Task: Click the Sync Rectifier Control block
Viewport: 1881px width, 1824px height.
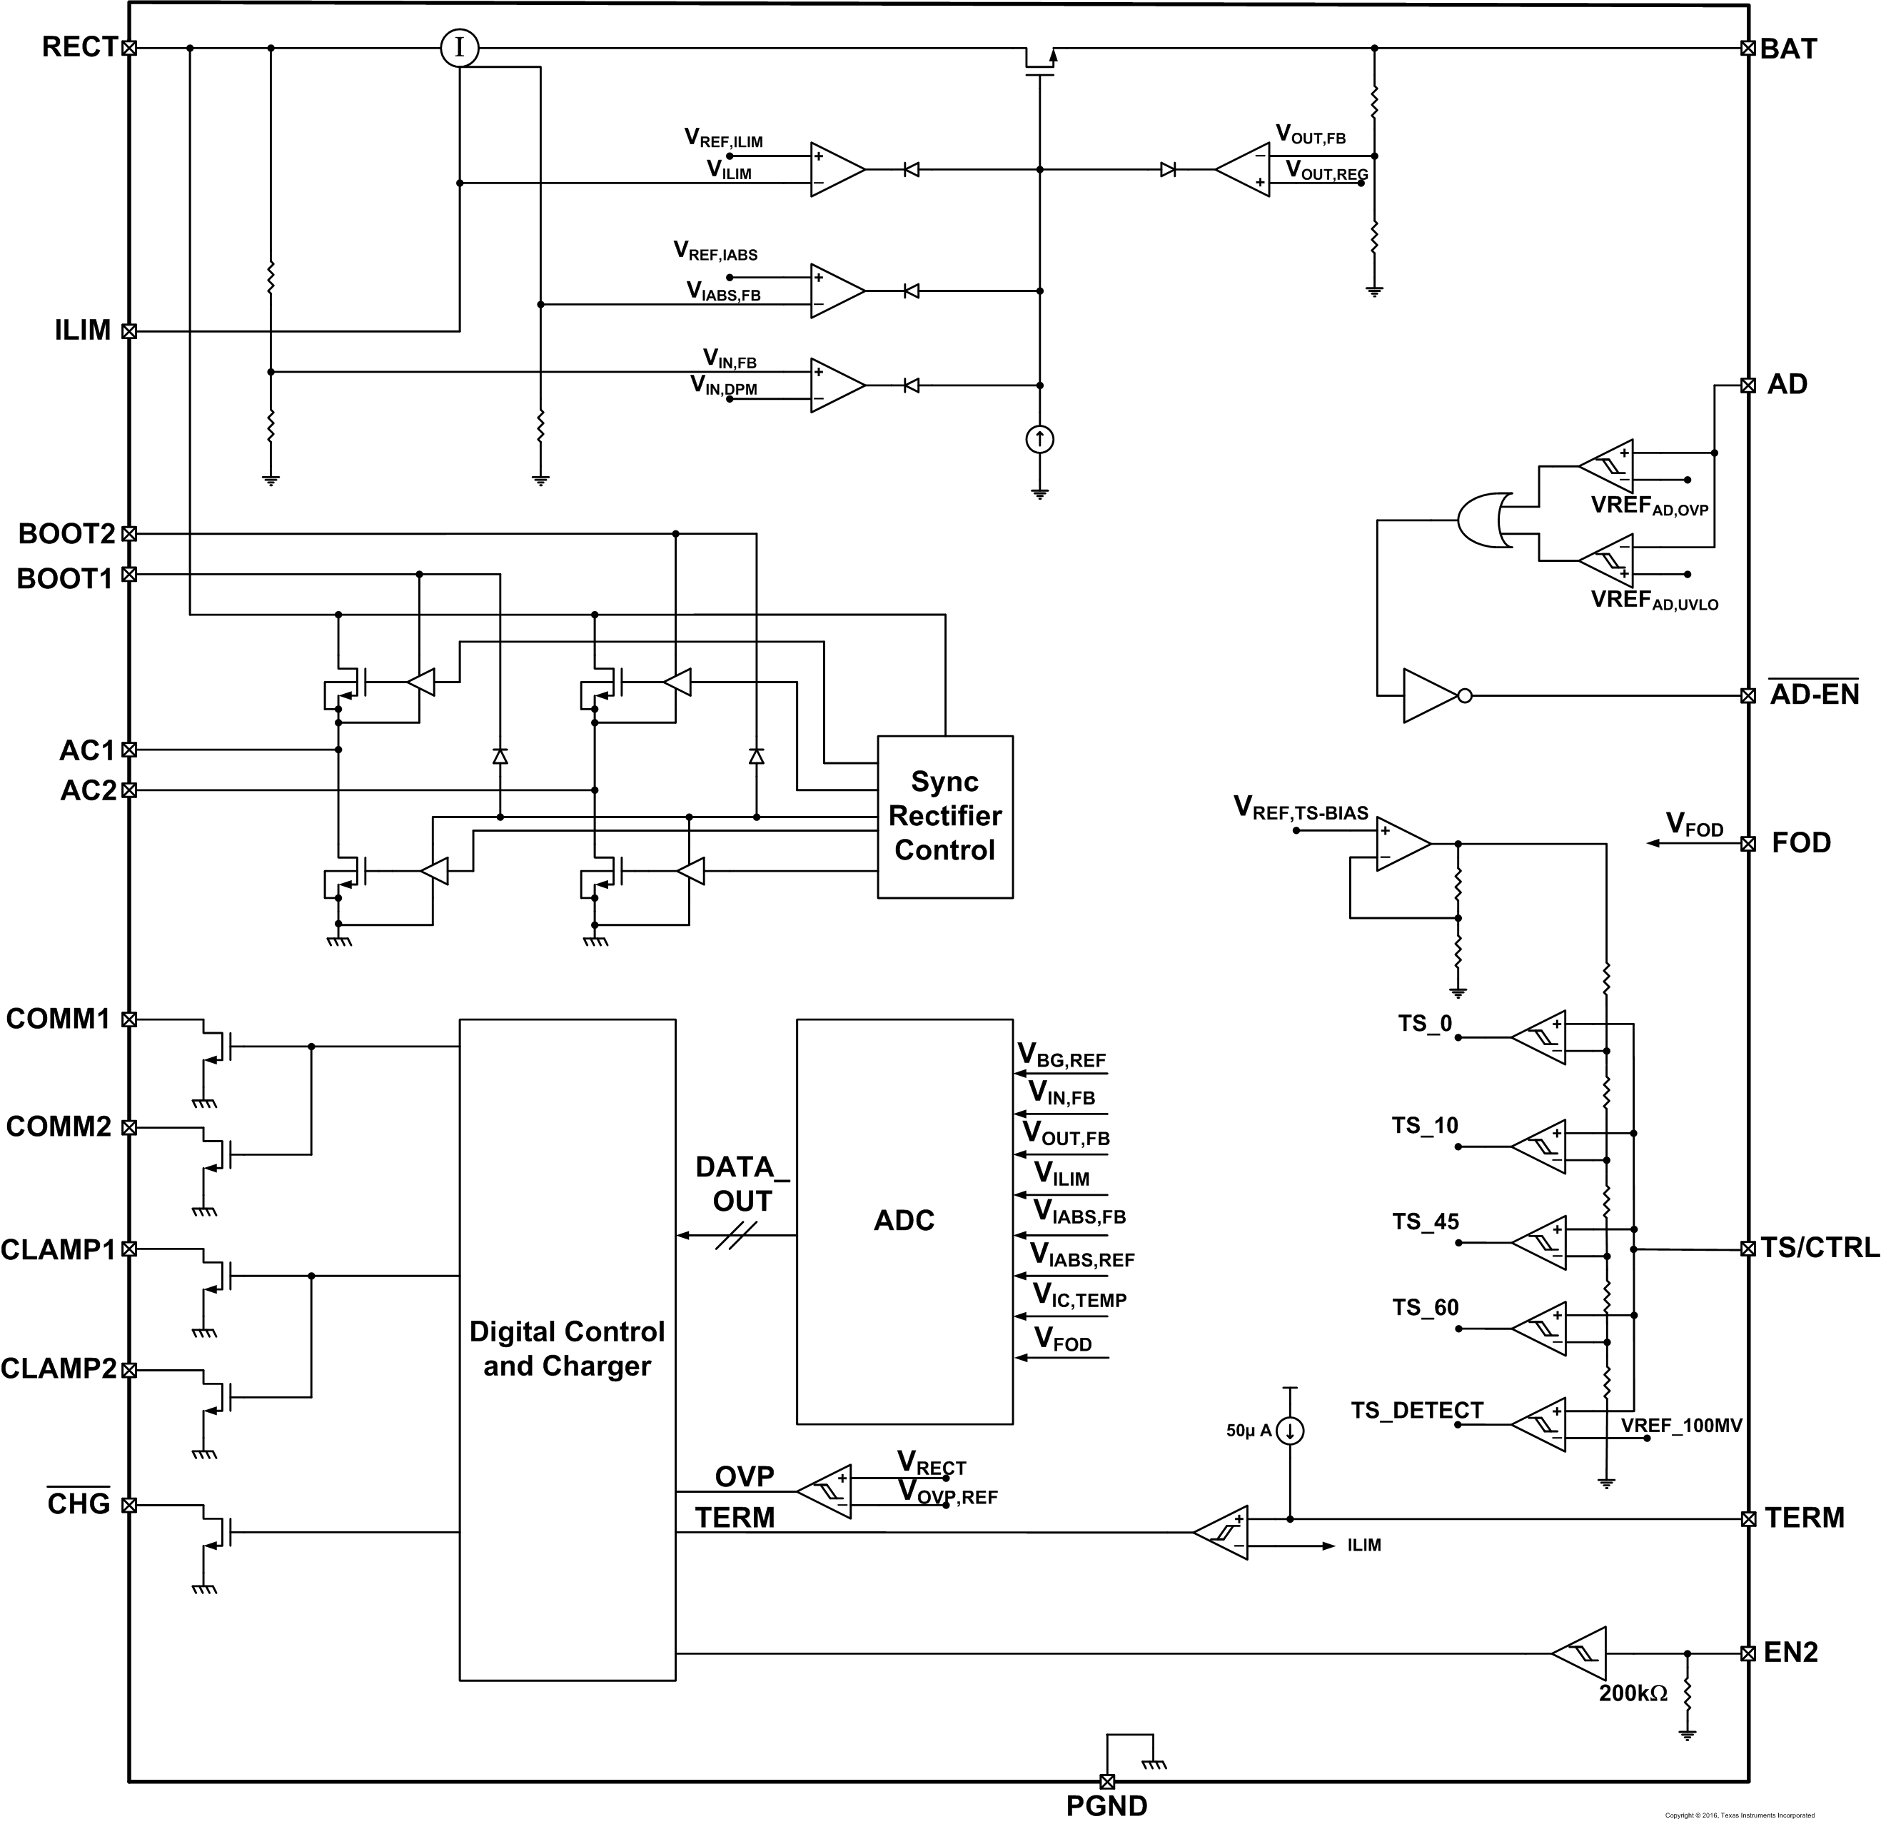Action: pos(944,816)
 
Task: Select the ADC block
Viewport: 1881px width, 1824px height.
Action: pos(904,1220)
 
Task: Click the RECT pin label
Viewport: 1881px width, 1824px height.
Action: pos(79,47)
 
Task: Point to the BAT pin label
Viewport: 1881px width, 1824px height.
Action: pos(1788,49)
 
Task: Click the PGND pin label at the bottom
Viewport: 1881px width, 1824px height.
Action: pos(1106,1805)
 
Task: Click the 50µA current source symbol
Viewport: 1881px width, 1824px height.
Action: pos(1291,1431)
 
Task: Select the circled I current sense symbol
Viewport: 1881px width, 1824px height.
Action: pos(460,48)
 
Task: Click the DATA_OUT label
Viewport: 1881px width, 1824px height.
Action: pos(741,1184)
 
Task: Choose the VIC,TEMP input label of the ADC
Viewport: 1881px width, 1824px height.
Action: pos(1079,1296)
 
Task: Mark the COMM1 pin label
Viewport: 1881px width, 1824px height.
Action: pos(59,1019)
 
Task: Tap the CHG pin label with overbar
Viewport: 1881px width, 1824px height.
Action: pos(79,1504)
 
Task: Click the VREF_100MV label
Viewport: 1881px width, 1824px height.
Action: pos(1681,1426)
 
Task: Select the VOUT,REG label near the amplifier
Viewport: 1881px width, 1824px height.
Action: pos(1326,172)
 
